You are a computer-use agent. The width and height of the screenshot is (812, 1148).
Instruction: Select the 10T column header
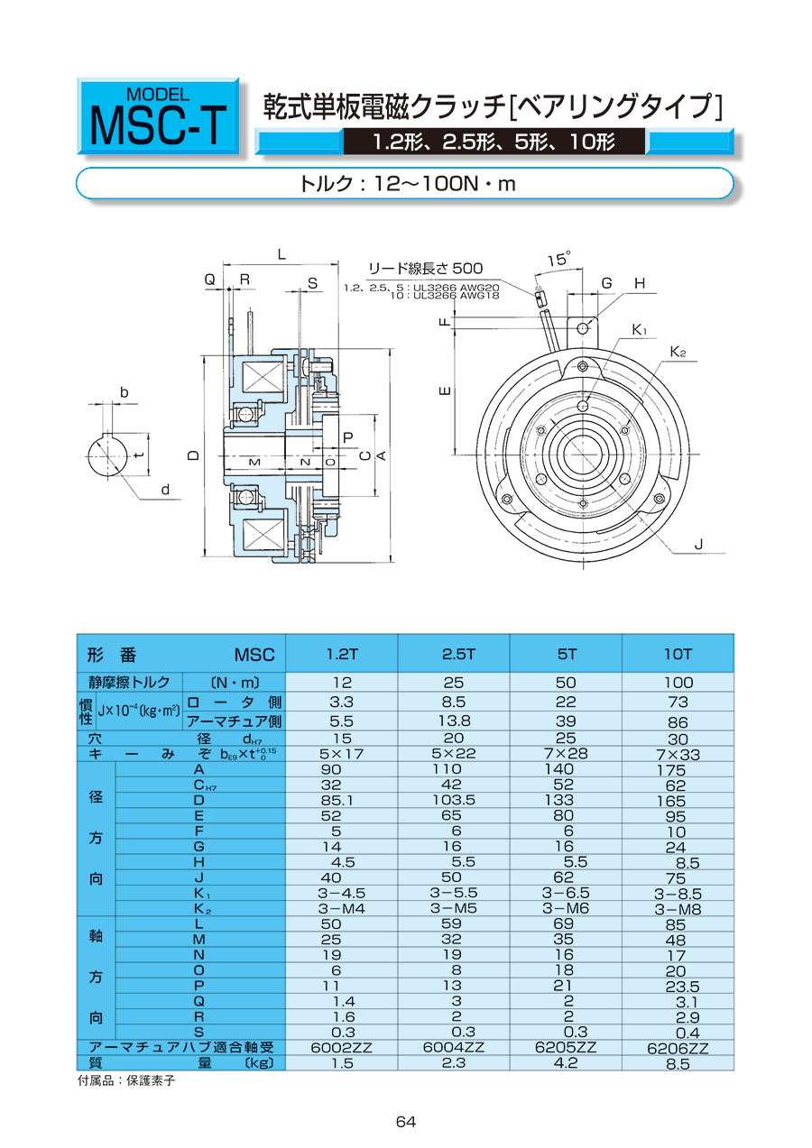click(678, 654)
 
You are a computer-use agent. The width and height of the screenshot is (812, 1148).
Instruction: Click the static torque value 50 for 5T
click(566, 683)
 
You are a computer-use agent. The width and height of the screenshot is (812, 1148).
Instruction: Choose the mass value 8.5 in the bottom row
click(678, 1063)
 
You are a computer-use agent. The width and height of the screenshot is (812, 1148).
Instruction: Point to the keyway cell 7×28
click(566, 753)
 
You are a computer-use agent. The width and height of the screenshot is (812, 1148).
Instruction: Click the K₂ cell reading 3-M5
click(453, 908)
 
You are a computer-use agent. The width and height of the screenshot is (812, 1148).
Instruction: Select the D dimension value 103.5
click(453, 800)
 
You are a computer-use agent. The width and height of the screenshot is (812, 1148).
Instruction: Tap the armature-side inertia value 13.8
click(453, 721)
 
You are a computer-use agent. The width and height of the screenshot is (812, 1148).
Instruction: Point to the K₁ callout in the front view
click(640, 331)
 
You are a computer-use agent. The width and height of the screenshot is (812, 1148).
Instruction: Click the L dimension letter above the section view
click(281, 255)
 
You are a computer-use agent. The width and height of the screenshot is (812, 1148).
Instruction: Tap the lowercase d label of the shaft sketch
click(165, 490)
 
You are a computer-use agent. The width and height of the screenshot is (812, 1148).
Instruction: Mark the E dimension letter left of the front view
click(444, 391)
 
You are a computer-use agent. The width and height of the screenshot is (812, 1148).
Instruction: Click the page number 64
click(405, 1121)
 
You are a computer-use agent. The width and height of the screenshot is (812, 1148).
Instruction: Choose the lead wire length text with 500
click(425, 268)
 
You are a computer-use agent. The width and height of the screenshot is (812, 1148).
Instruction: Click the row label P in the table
click(198, 985)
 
